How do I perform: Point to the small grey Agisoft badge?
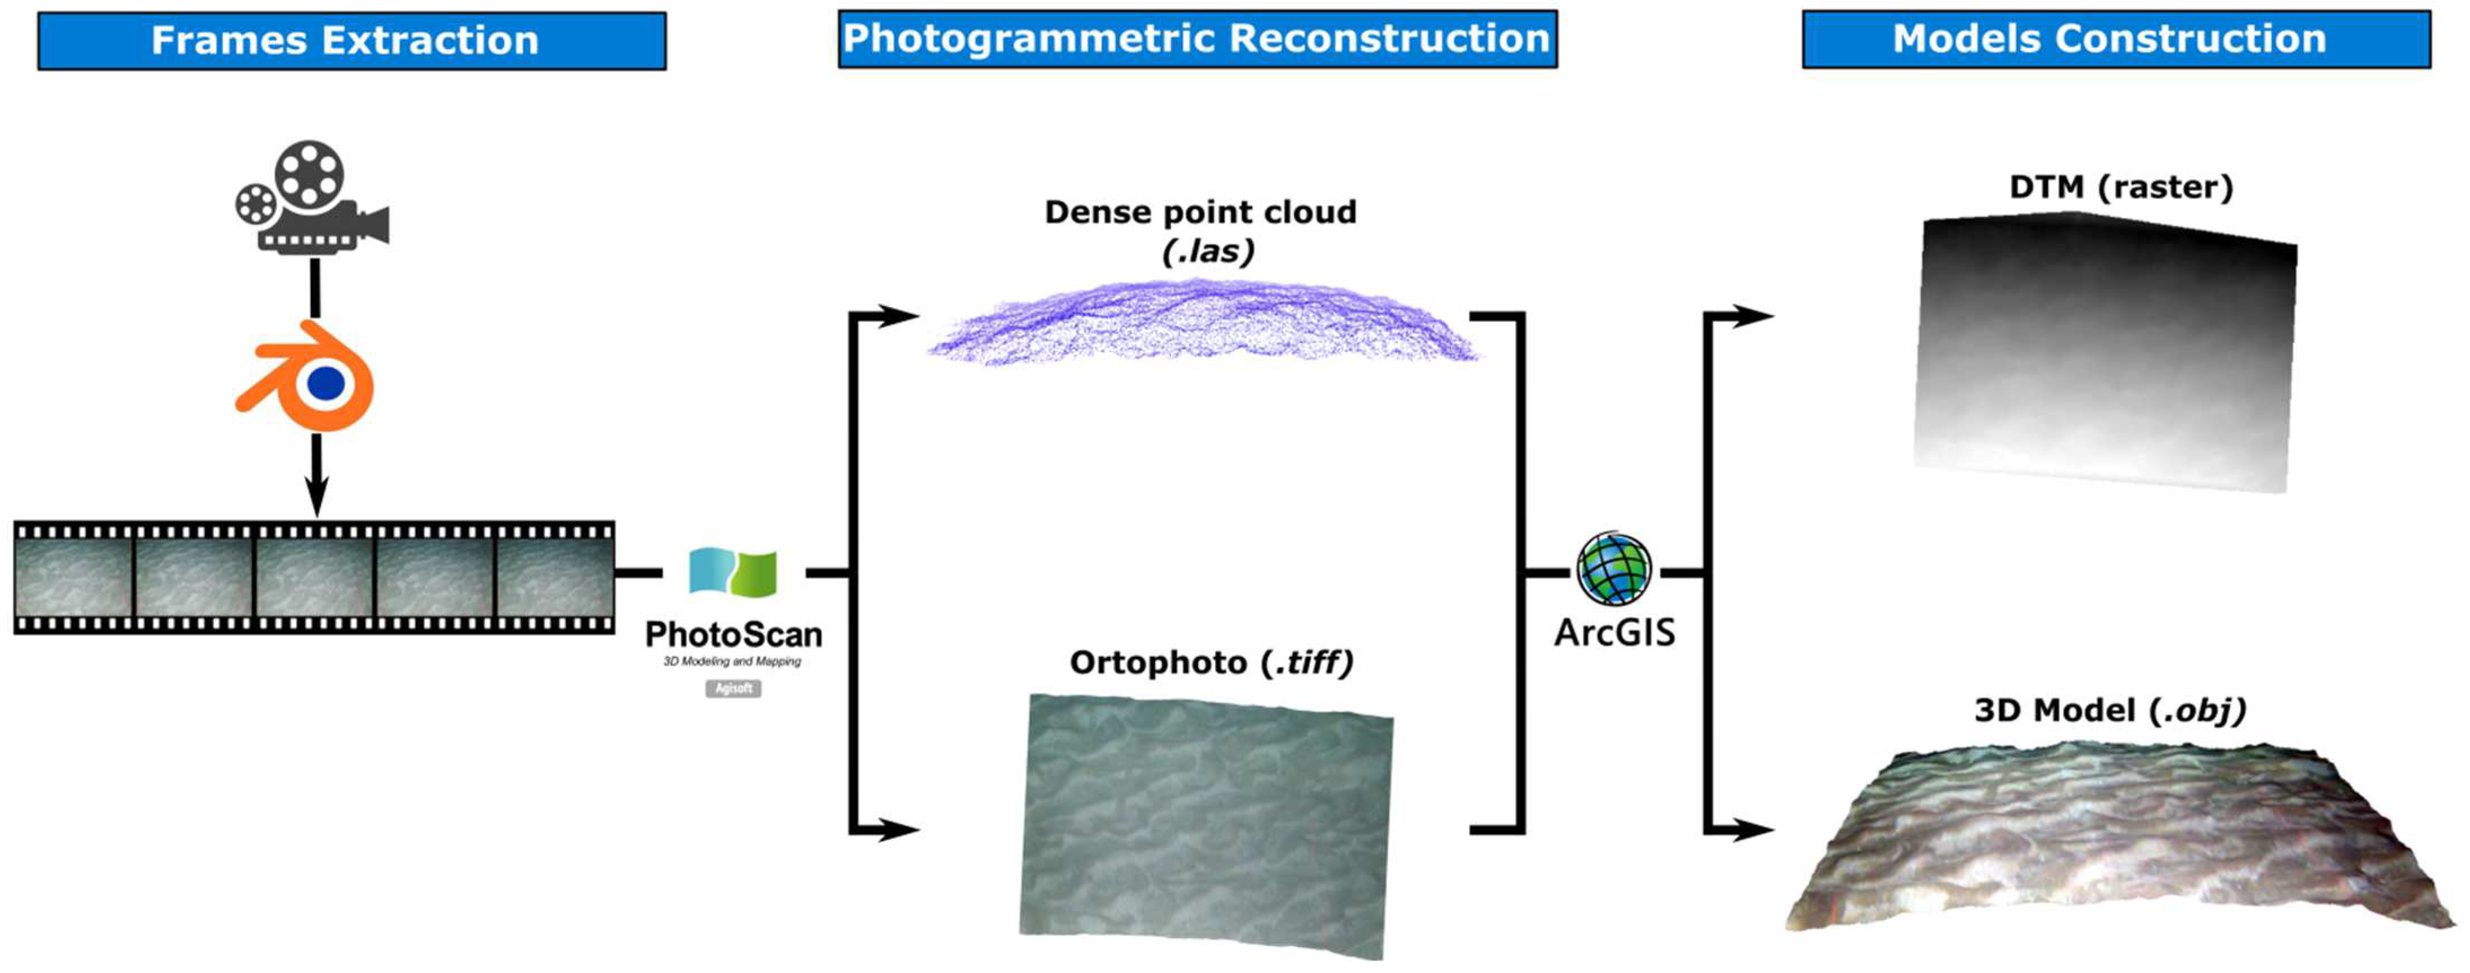(x=734, y=688)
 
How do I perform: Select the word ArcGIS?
(x=1615, y=633)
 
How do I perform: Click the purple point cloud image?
(x=1203, y=321)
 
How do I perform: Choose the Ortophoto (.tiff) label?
(x=1211, y=662)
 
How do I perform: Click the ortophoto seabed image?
(x=1205, y=826)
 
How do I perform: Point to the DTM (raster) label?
(x=2121, y=186)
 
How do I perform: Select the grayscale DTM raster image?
(x=2105, y=353)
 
